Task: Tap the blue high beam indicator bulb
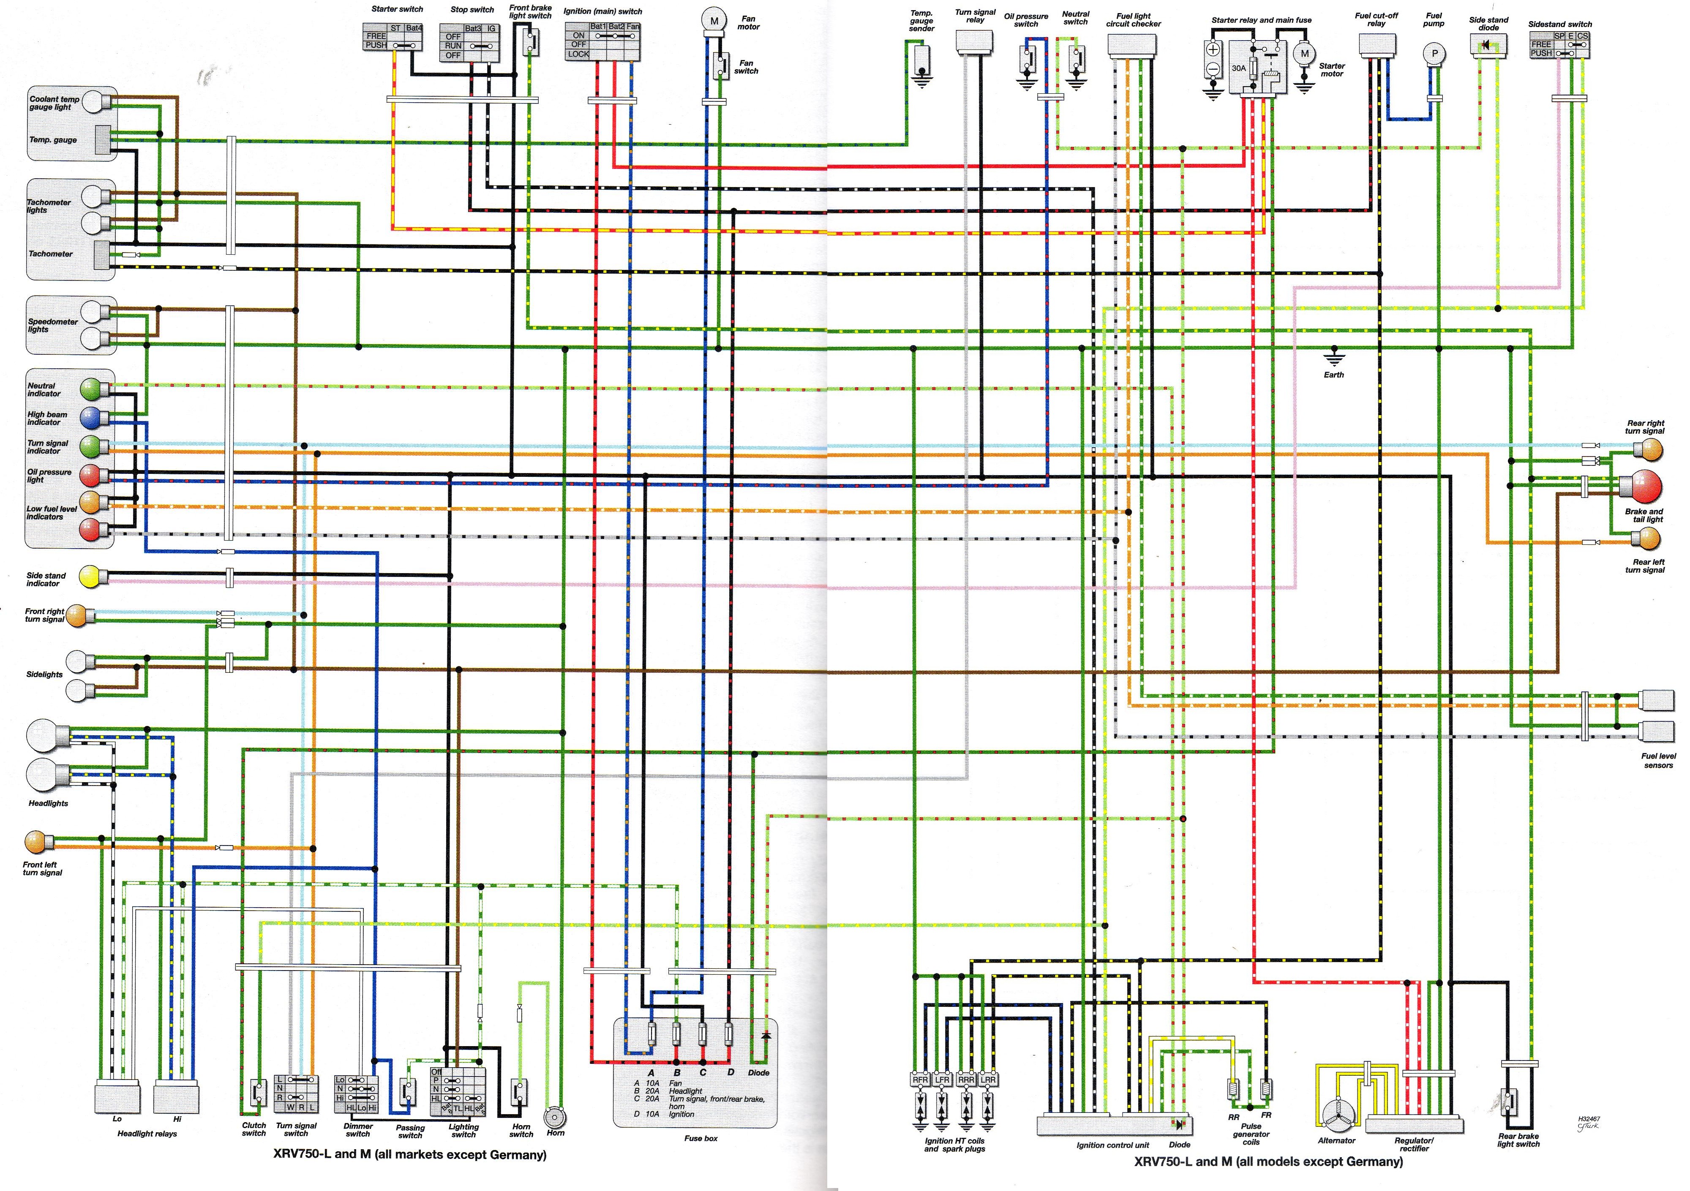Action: click(x=90, y=417)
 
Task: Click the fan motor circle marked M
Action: click(x=713, y=22)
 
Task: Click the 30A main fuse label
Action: click(x=1239, y=68)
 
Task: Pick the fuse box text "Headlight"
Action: click(x=685, y=1091)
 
